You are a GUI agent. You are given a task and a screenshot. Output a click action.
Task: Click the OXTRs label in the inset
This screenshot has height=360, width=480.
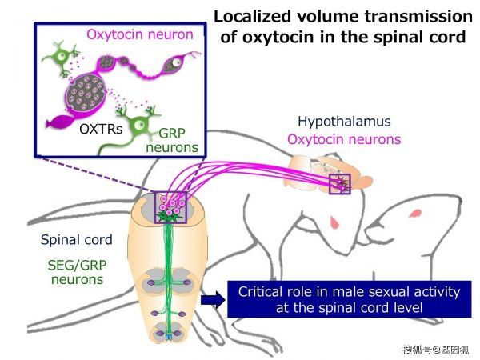101,129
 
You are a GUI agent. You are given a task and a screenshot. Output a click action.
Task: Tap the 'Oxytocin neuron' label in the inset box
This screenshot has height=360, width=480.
140,34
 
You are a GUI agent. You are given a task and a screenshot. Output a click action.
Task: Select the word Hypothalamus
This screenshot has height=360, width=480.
344,122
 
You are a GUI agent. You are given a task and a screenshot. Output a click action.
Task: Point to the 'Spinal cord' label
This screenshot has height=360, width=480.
77,240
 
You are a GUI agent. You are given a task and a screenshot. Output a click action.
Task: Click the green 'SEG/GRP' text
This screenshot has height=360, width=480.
77,265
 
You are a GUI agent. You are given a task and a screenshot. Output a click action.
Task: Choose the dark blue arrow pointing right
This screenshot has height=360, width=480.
213,300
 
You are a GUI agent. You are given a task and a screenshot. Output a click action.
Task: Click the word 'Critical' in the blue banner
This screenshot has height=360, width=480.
259,292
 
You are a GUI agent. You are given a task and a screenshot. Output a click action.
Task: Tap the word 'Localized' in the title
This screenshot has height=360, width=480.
252,17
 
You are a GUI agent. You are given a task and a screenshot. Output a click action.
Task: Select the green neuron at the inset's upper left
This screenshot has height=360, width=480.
62,58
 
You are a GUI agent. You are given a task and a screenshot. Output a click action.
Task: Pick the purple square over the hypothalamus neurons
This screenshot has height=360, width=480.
340,184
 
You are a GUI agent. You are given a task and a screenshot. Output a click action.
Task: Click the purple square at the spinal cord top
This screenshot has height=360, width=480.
171,207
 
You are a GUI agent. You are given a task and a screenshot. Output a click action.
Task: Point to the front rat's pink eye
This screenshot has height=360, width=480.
334,222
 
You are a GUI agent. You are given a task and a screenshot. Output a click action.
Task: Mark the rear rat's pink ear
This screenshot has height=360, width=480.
416,213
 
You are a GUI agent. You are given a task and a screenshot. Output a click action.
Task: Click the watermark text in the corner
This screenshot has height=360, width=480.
436,350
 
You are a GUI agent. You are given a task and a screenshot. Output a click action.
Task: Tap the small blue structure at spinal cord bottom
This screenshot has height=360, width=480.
169,338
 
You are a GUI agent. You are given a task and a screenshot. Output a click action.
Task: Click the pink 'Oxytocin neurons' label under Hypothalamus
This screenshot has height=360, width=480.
344,139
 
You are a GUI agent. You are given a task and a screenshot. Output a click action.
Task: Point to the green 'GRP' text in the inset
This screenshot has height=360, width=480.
172,133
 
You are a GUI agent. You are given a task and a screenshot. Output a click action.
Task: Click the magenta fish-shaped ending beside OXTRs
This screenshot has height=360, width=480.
60,122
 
